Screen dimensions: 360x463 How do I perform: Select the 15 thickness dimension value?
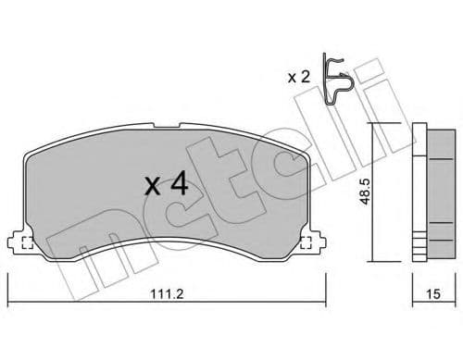(x=432, y=295)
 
